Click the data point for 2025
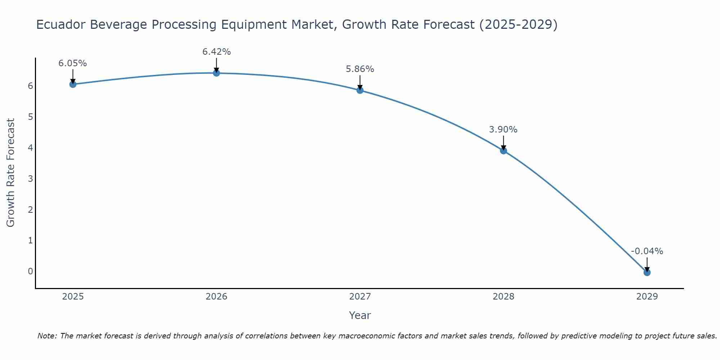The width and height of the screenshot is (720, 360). pyautogui.click(x=73, y=84)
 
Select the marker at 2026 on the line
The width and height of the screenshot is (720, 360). pyautogui.click(x=216, y=73)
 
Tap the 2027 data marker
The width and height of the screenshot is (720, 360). pyautogui.click(x=360, y=90)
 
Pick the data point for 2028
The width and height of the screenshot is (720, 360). pyautogui.click(x=503, y=150)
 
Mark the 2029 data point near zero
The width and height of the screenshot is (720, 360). pyautogui.click(x=647, y=273)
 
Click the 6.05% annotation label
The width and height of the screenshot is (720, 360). pyautogui.click(x=73, y=63)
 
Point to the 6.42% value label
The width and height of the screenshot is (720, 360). pyautogui.click(x=216, y=52)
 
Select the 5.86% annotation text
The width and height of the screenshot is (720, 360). pyautogui.click(x=360, y=69)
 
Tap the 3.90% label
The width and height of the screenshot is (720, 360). pyautogui.click(x=503, y=130)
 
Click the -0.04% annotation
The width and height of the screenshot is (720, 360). pyautogui.click(x=647, y=251)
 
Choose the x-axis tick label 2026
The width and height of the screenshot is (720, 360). pyautogui.click(x=216, y=297)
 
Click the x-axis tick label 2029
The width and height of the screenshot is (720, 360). pyautogui.click(x=647, y=297)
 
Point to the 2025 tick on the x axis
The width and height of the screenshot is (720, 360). pyautogui.click(x=73, y=297)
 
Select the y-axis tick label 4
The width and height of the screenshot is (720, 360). pyautogui.click(x=30, y=148)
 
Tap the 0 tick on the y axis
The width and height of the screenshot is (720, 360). pyautogui.click(x=30, y=271)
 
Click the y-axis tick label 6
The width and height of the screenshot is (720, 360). pyautogui.click(x=30, y=86)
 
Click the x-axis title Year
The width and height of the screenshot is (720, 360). pyautogui.click(x=360, y=315)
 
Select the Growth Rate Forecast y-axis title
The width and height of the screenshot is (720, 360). pyautogui.click(x=11, y=173)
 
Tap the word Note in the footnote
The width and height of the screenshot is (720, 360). pyautogui.click(x=47, y=336)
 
